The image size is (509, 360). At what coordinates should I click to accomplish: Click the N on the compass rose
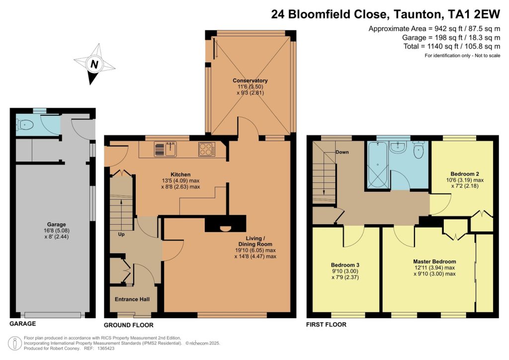click(x=94, y=64)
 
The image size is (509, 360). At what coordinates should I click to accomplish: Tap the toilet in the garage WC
click(x=25, y=124)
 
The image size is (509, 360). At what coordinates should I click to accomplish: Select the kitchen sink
click(x=166, y=150)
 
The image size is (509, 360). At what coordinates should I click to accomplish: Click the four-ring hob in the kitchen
click(x=207, y=150)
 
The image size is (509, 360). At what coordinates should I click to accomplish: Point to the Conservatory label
click(x=250, y=81)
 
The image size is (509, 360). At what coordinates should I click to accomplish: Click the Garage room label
click(x=57, y=224)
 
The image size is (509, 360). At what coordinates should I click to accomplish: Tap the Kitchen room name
click(x=180, y=175)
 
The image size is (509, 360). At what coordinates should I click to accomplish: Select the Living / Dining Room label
click(x=255, y=241)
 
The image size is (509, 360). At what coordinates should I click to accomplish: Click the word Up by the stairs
click(x=121, y=234)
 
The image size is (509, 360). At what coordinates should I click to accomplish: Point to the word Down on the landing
click(x=342, y=152)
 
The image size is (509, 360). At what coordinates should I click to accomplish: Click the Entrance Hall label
click(x=132, y=299)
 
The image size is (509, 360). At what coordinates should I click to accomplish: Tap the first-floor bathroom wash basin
click(x=398, y=147)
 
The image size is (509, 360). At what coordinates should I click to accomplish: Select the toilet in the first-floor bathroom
click(x=419, y=149)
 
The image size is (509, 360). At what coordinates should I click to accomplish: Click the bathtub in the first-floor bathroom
click(x=378, y=165)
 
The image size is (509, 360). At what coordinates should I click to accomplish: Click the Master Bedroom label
click(x=434, y=262)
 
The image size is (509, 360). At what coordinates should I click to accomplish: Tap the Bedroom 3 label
click(x=345, y=265)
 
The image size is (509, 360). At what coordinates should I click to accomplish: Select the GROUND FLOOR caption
click(x=129, y=325)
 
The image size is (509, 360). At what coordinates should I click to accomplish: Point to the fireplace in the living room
click(x=225, y=224)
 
